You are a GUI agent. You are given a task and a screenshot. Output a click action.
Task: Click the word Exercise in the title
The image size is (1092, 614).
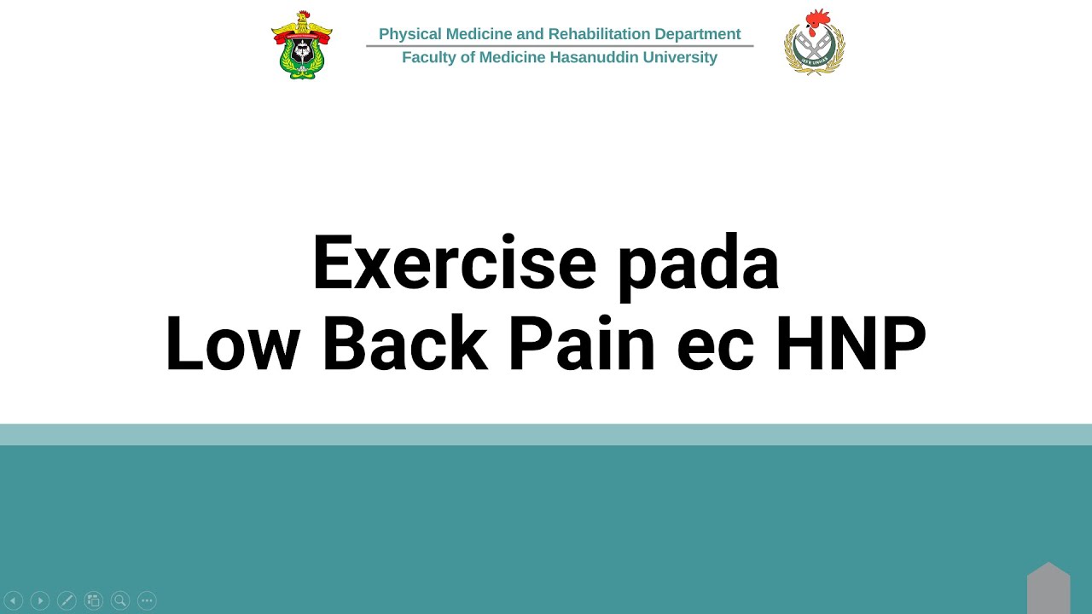(454, 264)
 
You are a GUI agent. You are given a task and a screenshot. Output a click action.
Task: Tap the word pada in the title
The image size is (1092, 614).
(698, 264)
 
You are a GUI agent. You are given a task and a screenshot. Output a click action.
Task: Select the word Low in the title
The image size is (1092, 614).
(232, 344)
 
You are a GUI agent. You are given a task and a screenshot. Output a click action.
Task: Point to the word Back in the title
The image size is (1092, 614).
(404, 344)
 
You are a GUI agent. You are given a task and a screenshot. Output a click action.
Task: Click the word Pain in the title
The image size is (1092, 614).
(582, 344)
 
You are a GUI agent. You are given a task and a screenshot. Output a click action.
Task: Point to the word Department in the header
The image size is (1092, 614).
(698, 34)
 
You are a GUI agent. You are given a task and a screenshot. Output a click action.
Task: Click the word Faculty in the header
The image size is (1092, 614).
(429, 57)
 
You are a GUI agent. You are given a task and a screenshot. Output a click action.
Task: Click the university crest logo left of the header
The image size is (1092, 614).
(302, 45)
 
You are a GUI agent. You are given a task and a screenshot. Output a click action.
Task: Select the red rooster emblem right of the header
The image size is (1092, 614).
(815, 43)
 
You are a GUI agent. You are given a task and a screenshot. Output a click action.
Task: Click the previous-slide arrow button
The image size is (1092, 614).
(13, 600)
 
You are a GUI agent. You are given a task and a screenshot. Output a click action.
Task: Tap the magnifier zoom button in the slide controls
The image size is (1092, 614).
(120, 600)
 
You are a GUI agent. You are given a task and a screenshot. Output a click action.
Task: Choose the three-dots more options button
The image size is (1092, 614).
(147, 600)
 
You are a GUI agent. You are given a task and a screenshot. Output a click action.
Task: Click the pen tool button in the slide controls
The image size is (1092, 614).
(67, 600)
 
